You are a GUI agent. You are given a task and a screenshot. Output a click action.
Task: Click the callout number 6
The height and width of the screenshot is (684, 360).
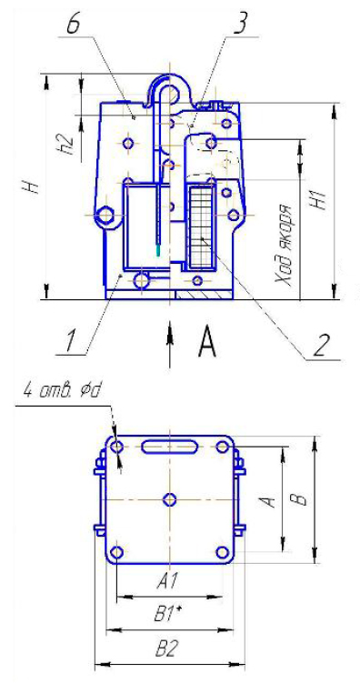(74, 24)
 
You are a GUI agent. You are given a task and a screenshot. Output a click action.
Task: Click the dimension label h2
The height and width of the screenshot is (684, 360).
(66, 144)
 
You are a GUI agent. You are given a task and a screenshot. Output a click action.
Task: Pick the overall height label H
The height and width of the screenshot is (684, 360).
(34, 187)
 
